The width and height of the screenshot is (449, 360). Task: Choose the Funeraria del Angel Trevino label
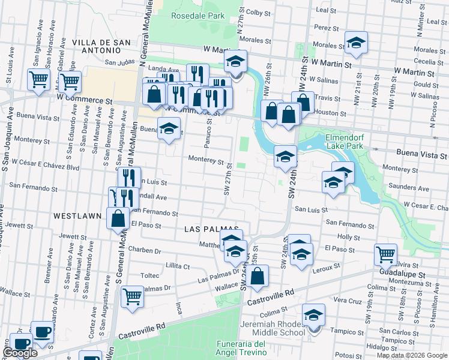click(241, 347)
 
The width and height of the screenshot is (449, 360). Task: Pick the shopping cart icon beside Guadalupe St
click(385, 254)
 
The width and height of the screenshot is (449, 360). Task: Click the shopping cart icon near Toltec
click(132, 296)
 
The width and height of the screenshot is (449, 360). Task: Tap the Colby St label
click(259, 12)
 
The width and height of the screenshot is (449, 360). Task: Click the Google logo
click(20, 353)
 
